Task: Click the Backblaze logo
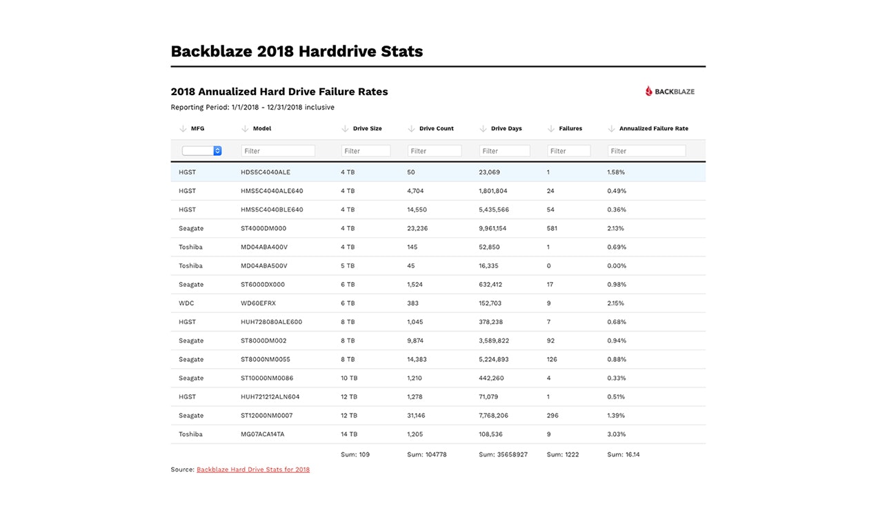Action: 670,91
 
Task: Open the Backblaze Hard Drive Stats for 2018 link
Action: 253,470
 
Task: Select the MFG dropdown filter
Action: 201,150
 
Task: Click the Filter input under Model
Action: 278,151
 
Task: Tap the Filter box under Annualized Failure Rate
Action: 646,151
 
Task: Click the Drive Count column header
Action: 436,128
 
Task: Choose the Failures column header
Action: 570,128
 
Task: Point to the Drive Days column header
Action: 506,128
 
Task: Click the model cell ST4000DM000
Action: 263,228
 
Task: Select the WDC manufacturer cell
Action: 186,303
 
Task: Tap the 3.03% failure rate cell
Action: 617,434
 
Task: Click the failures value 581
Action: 552,228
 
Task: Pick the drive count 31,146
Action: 417,416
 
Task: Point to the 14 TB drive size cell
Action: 349,434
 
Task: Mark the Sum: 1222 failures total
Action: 562,455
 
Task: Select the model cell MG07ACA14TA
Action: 263,434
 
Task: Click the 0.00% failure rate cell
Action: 617,265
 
